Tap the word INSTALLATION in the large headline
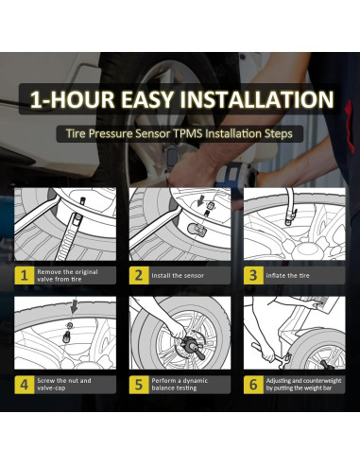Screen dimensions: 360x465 (x=257, y=99)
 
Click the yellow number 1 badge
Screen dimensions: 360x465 (x=25, y=275)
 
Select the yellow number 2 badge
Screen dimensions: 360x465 (x=139, y=275)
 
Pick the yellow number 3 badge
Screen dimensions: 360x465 (x=253, y=275)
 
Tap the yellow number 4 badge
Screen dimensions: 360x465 (x=25, y=385)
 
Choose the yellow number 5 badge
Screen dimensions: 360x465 (x=139, y=385)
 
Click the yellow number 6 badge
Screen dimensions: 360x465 (x=253, y=385)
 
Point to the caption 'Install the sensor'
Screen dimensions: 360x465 (x=178, y=276)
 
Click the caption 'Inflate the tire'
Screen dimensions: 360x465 (x=287, y=276)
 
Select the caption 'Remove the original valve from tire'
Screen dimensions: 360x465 (x=67, y=276)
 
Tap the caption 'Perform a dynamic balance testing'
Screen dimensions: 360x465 (x=180, y=385)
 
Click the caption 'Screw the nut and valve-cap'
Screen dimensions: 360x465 (x=64, y=385)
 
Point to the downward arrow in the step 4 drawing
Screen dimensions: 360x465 (x=74, y=306)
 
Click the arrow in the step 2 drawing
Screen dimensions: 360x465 (x=199, y=201)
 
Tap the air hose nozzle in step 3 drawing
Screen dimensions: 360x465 (x=290, y=217)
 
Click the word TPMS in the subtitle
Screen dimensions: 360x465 (x=188, y=133)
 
